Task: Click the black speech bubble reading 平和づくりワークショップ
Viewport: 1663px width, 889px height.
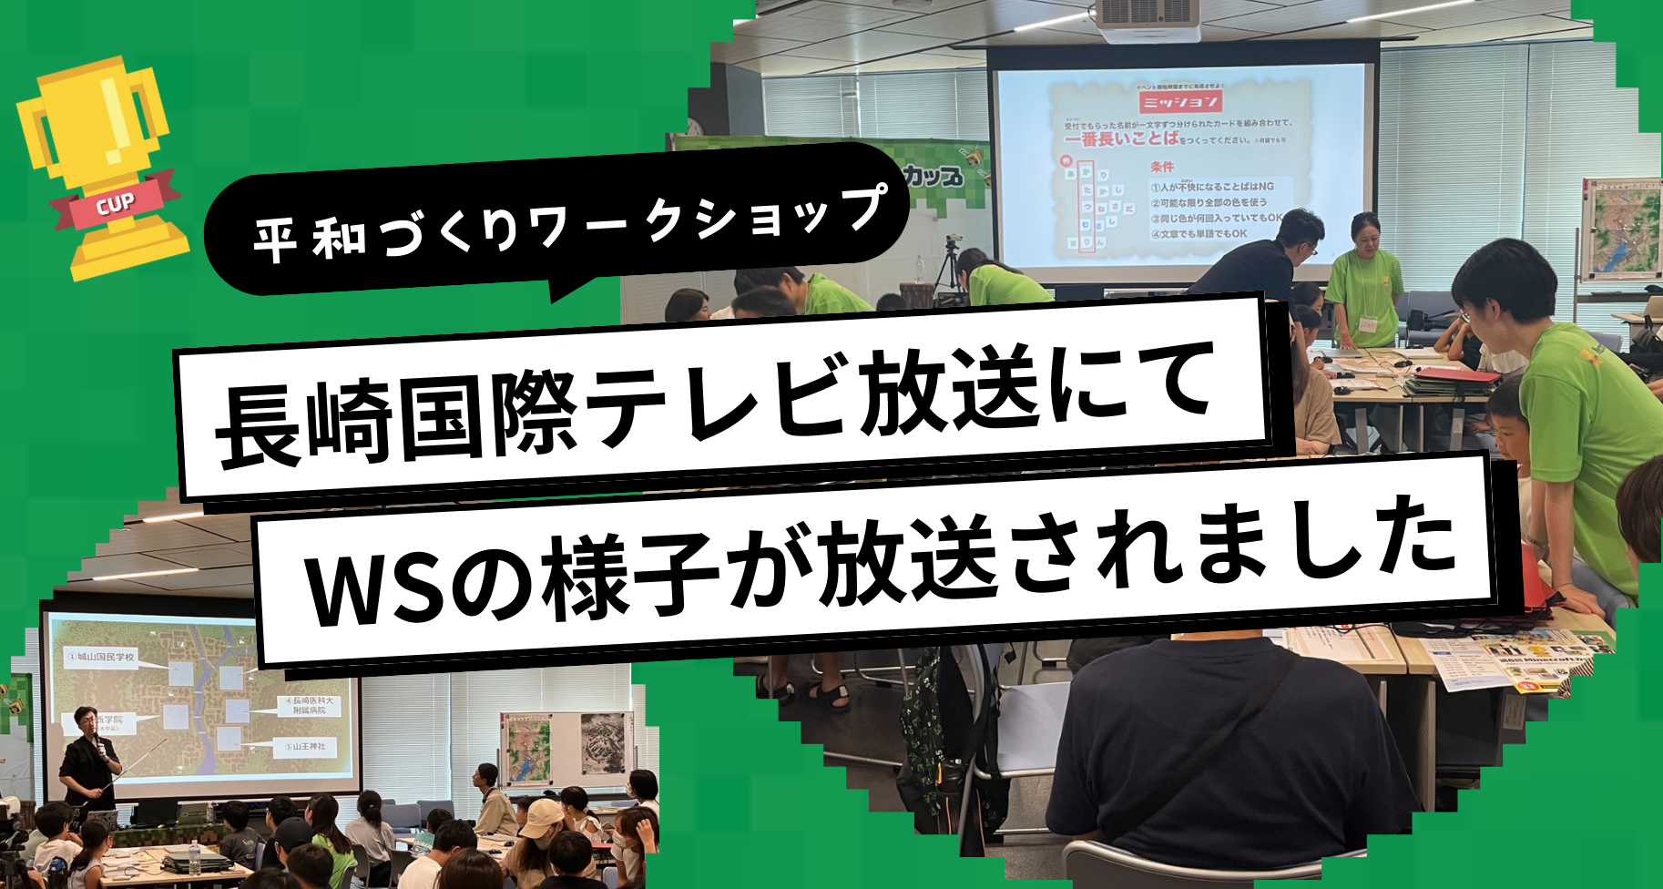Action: [556, 223]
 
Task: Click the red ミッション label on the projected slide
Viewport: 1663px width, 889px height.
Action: [1180, 100]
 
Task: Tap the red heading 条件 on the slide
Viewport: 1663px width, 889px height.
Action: [1162, 167]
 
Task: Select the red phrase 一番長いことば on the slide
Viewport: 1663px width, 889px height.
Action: [1121, 139]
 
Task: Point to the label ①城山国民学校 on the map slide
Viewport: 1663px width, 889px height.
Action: [100, 656]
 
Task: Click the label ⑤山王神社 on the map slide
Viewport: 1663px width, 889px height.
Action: [304, 746]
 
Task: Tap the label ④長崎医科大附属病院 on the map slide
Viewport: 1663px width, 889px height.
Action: [309, 706]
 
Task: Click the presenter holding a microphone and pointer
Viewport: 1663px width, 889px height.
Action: [88, 756]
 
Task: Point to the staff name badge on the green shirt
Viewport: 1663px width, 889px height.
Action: [1368, 323]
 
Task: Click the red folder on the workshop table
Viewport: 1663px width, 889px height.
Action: [1457, 374]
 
